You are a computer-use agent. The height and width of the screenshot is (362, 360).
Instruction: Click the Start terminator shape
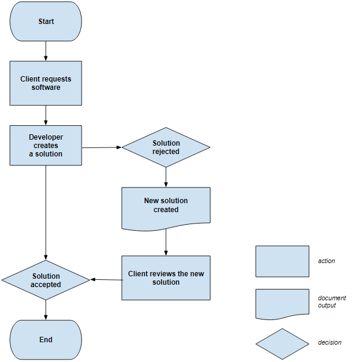click(x=46, y=22)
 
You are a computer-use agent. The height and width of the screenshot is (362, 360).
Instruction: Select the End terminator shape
click(x=46, y=339)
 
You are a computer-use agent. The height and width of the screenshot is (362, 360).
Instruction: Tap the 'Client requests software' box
click(x=46, y=83)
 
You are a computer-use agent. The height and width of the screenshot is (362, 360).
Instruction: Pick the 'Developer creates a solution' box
click(x=46, y=145)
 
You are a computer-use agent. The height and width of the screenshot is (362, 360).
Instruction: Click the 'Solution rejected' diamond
click(x=166, y=147)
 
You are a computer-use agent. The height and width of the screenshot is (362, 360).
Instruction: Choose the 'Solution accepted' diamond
click(x=46, y=280)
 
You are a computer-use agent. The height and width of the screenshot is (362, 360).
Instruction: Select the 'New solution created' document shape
click(x=166, y=207)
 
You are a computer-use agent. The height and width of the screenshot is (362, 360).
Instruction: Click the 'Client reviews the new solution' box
click(x=166, y=278)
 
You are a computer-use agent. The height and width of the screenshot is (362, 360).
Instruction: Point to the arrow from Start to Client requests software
click(x=46, y=51)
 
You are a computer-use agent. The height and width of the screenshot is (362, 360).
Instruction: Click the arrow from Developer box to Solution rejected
click(x=102, y=147)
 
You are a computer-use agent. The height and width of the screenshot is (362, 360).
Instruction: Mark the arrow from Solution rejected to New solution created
click(x=166, y=177)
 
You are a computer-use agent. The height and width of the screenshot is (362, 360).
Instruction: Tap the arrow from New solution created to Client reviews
click(x=166, y=243)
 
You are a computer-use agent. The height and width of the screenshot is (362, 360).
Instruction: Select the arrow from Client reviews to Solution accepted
click(x=106, y=279)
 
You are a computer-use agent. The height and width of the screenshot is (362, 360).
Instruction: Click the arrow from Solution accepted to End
click(x=46, y=309)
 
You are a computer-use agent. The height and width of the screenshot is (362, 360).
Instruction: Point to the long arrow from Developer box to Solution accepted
click(x=46, y=213)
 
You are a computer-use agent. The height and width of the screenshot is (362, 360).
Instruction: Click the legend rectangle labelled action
click(x=282, y=261)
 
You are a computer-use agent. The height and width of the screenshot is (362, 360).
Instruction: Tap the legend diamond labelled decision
click(x=282, y=343)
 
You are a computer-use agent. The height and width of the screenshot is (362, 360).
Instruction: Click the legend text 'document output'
click(x=332, y=301)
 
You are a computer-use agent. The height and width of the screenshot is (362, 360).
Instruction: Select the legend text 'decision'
click(x=329, y=343)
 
